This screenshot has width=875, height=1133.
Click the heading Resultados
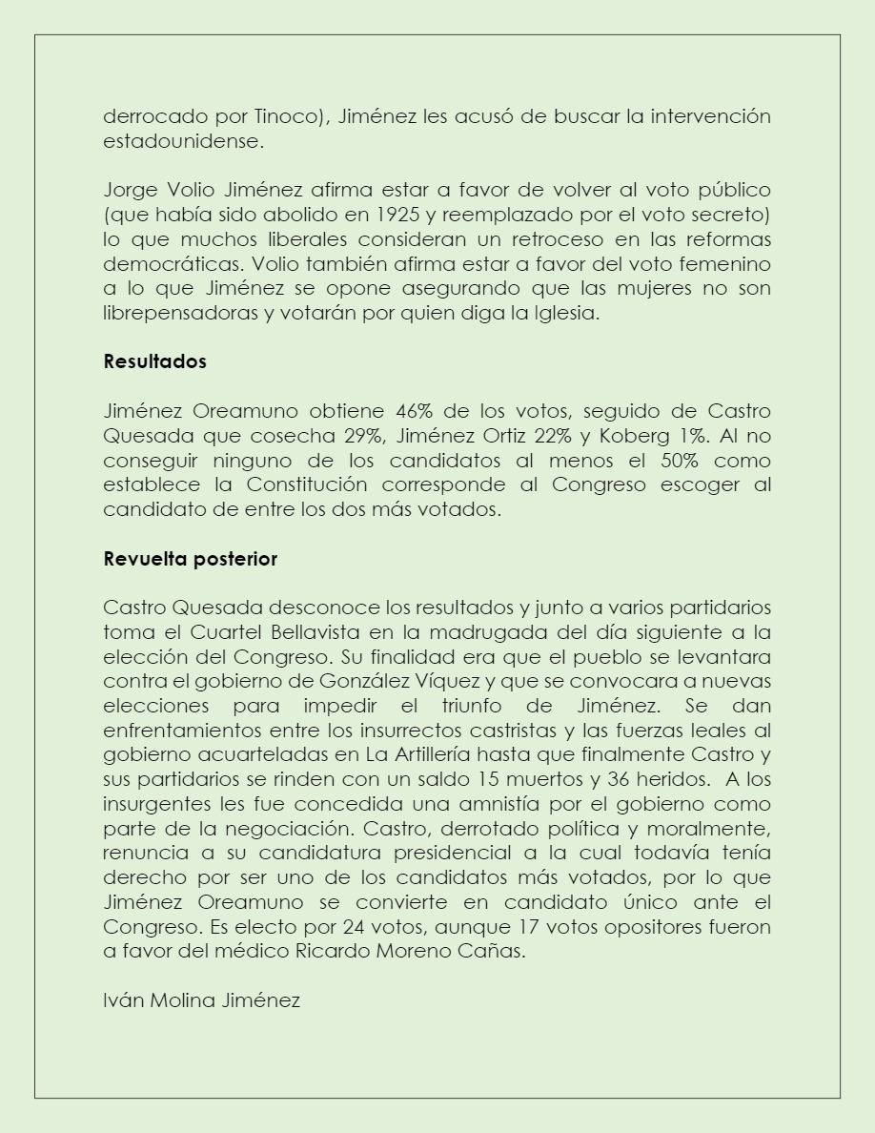pyautogui.click(x=154, y=362)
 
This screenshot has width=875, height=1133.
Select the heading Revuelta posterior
pyautogui.click(x=190, y=560)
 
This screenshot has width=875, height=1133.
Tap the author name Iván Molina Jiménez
pyautogui.click(x=201, y=1000)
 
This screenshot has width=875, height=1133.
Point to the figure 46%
pyautogui.click(x=415, y=412)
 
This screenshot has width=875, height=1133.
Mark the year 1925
pyautogui.click(x=365, y=215)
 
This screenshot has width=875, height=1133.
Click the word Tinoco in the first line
pyautogui.click(x=285, y=117)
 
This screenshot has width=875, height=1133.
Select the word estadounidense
pyautogui.click(x=182, y=141)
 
